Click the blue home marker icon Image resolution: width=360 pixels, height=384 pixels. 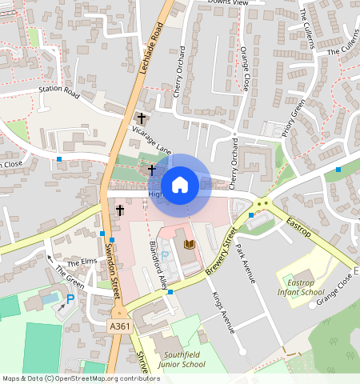(x=180, y=184)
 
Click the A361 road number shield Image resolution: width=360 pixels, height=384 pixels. (x=119, y=326)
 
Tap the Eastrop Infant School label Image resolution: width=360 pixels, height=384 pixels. (x=303, y=287)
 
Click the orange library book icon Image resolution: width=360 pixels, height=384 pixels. (x=190, y=243)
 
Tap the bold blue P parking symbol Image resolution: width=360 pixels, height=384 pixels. (x=70, y=298)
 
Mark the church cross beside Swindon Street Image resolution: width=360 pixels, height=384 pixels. (x=120, y=210)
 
